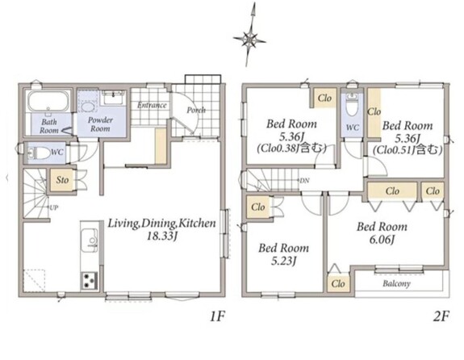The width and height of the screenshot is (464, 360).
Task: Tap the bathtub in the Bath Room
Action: tap(48, 101)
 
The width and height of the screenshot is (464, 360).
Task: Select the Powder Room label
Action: tap(100, 124)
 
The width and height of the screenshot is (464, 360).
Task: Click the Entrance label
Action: tap(152, 105)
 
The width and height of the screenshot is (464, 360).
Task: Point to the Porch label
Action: tap(196, 110)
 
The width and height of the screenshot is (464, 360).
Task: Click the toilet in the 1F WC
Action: tap(39, 153)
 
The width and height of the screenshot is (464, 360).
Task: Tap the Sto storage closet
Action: tap(62, 180)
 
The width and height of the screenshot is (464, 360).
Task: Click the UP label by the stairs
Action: tap(53, 207)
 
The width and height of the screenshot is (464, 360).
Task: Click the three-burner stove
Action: tap(89, 280)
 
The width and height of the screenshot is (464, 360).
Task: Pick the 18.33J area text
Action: tap(162, 237)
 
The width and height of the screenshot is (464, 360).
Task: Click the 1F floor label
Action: tap(217, 316)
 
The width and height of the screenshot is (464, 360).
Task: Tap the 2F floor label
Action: tap(441, 316)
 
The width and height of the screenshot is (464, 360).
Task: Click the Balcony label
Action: tap(396, 283)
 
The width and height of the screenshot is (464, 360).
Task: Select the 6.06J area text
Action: tap(382, 240)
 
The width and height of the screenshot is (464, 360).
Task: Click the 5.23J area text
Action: tap(283, 261)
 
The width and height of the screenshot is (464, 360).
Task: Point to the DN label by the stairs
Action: tap(304, 180)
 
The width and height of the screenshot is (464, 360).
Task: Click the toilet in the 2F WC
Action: tap(352, 106)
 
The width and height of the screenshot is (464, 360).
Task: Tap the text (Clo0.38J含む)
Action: tap(292, 148)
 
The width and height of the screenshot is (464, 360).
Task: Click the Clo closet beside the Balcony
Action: tap(338, 283)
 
